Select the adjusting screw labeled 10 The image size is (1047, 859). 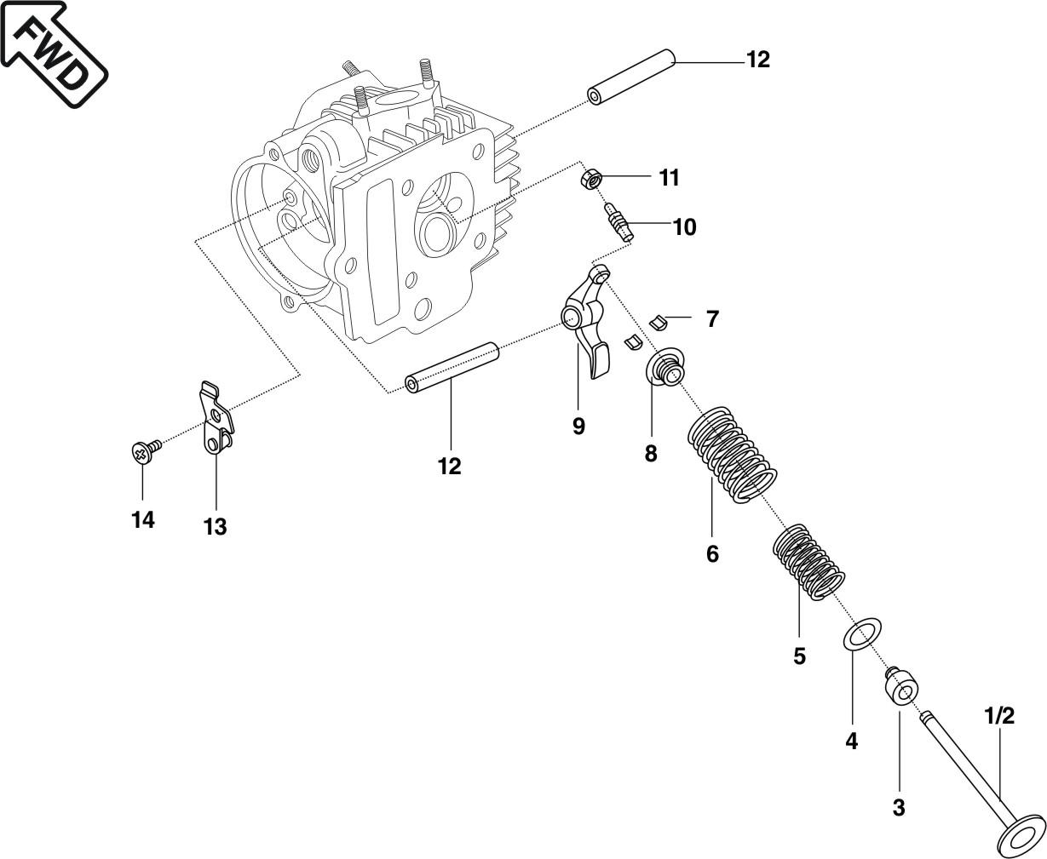(x=618, y=222)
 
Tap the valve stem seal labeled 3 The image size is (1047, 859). (x=900, y=687)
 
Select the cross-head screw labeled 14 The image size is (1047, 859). (x=146, y=450)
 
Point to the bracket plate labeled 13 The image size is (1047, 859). (x=216, y=417)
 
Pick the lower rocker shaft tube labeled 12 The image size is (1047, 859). (x=452, y=368)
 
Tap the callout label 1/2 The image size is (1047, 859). (x=999, y=716)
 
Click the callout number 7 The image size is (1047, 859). (x=712, y=319)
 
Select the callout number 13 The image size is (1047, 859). (x=215, y=526)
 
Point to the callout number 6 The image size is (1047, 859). (x=712, y=554)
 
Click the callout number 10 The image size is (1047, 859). (x=684, y=227)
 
